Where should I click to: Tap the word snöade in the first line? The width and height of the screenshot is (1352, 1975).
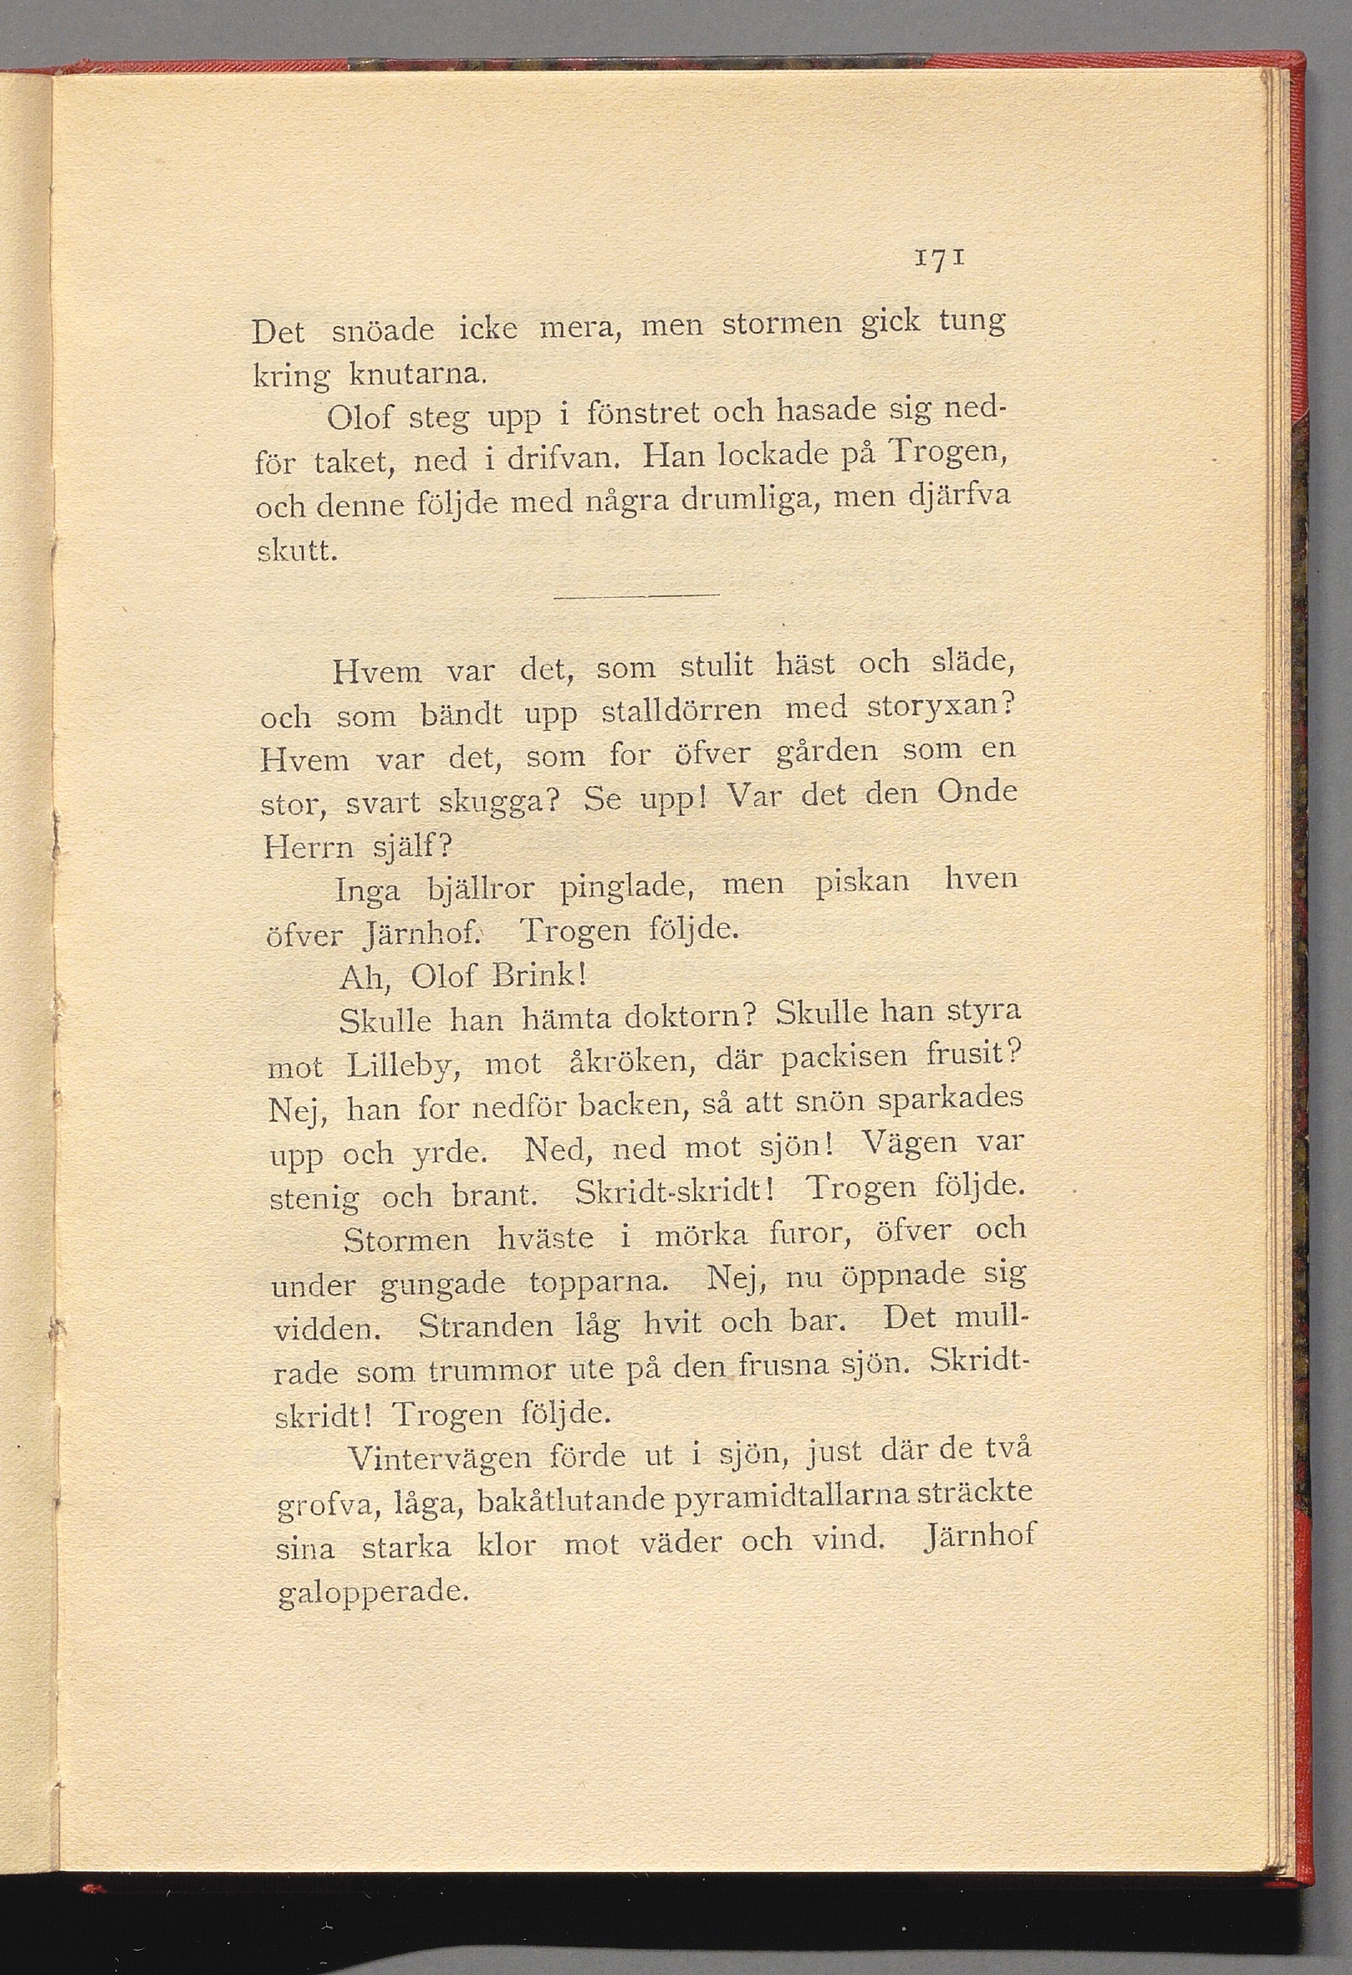tap(382, 330)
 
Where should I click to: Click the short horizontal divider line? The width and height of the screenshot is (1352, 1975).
tap(635, 595)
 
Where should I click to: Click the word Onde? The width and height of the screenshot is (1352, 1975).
tap(977, 794)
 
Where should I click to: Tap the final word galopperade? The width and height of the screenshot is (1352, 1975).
tap(374, 1590)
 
